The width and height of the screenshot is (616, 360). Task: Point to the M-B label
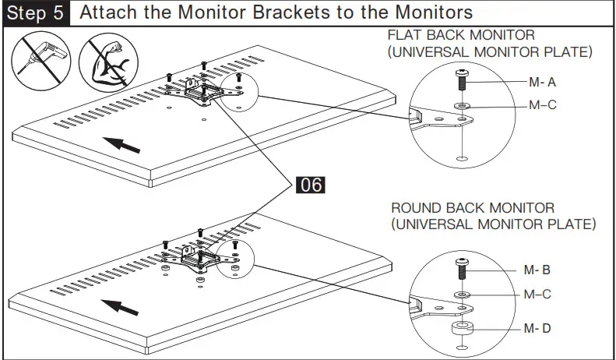point(537,270)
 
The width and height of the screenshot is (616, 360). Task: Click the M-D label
point(537,328)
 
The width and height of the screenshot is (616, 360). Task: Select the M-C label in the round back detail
point(537,294)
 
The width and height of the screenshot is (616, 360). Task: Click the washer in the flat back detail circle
point(462,104)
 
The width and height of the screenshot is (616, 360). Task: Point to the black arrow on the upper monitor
point(124,143)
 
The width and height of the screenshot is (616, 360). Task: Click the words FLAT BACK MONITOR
point(460,36)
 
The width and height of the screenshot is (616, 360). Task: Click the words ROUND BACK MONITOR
point(472,208)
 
